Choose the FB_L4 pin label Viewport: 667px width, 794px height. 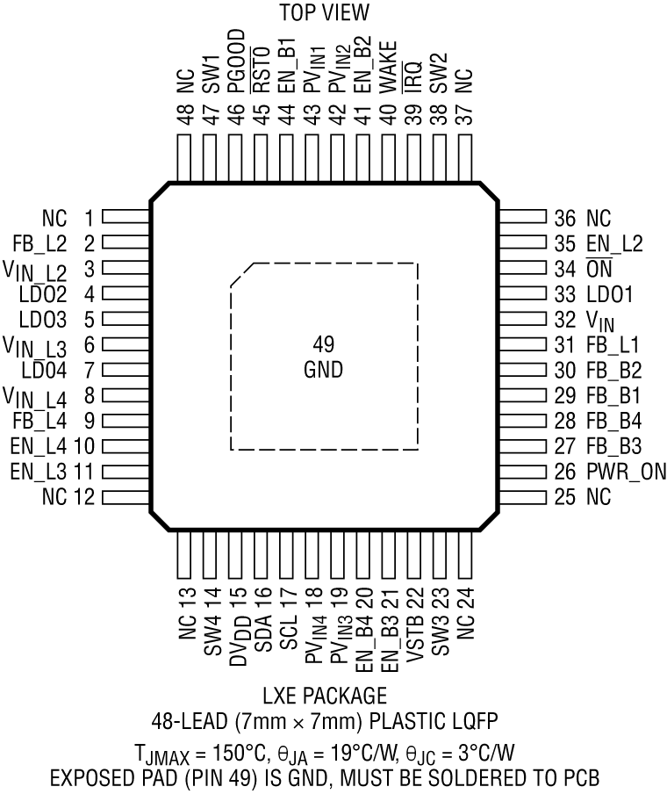[x=40, y=421]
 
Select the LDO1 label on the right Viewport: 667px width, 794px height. [x=609, y=294]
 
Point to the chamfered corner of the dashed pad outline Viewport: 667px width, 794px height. [x=241, y=273]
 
